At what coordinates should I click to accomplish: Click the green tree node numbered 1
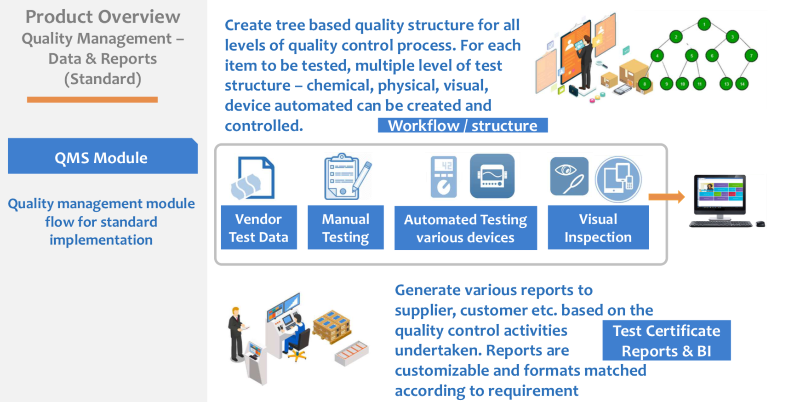(x=704, y=24)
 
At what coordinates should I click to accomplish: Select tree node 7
(x=751, y=56)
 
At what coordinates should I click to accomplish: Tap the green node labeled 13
(x=726, y=84)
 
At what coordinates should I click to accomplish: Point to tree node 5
(x=691, y=56)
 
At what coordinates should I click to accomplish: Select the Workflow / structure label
(x=463, y=126)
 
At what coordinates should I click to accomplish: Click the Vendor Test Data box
(x=259, y=228)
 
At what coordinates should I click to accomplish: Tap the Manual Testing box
(x=345, y=228)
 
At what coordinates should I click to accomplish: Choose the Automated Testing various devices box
(x=465, y=228)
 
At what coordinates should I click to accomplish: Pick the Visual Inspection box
(x=598, y=228)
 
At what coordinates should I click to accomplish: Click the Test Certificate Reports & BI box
(x=666, y=340)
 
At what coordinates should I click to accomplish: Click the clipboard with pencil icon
(x=347, y=177)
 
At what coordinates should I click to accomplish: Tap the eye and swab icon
(x=569, y=176)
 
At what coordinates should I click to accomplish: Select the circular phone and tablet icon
(x=618, y=179)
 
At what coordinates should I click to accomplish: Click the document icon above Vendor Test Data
(x=253, y=178)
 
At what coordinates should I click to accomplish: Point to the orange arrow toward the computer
(x=666, y=197)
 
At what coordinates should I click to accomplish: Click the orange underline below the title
(x=92, y=99)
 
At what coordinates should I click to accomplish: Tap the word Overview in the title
(x=133, y=17)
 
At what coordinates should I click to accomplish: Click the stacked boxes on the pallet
(x=332, y=326)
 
